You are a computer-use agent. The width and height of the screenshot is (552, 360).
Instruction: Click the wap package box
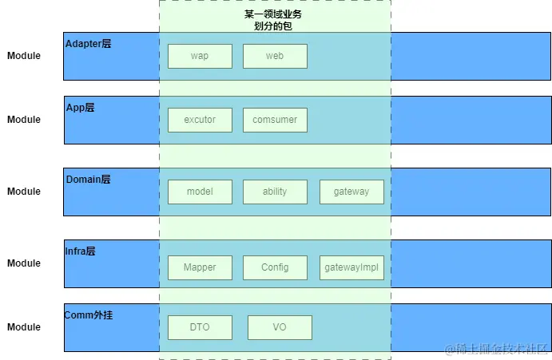pyautogui.click(x=200, y=56)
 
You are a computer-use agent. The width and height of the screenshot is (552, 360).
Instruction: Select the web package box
pyautogui.click(x=275, y=56)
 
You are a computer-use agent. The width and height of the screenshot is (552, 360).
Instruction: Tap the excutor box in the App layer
pyautogui.click(x=200, y=120)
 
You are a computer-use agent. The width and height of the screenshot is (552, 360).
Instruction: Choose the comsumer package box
pyautogui.click(x=275, y=120)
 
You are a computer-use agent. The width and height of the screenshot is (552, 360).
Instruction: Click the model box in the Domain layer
pyautogui.click(x=200, y=192)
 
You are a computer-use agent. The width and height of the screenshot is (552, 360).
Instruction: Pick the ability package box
pyautogui.click(x=275, y=192)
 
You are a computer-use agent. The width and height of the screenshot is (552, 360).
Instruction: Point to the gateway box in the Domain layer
pyautogui.click(x=351, y=192)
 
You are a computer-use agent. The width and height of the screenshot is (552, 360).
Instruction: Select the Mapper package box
pyautogui.click(x=200, y=267)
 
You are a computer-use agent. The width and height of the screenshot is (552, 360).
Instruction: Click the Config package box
pyautogui.click(x=275, y=267)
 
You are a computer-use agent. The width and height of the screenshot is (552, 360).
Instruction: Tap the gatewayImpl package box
pyautogui.click(x=351, y=267)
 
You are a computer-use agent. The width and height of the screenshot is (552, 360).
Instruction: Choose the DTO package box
pyautogui.click(x=200, y=327)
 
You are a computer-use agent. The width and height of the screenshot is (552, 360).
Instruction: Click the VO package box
pyautogui.click(x=280, y=327)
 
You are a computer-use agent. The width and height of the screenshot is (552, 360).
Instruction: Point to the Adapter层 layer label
pyautogui.click(x=88, y=44)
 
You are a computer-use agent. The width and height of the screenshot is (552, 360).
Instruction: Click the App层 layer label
pyautogui.click(x=80, y=108)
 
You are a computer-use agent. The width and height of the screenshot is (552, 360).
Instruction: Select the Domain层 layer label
pyautogui.click(x=88, y=180)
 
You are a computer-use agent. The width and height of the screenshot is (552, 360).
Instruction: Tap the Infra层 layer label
pyautogui.click(x=81, y=251)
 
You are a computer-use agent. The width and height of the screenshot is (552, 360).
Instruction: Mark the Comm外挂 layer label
pyautogui.click(x=89, y=315)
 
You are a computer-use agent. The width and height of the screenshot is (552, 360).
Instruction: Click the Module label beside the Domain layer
pyautogui.click(x=24, y=192)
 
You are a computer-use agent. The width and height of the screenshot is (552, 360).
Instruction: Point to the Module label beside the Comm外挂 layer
pyautogui.click(x=24, y=327)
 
